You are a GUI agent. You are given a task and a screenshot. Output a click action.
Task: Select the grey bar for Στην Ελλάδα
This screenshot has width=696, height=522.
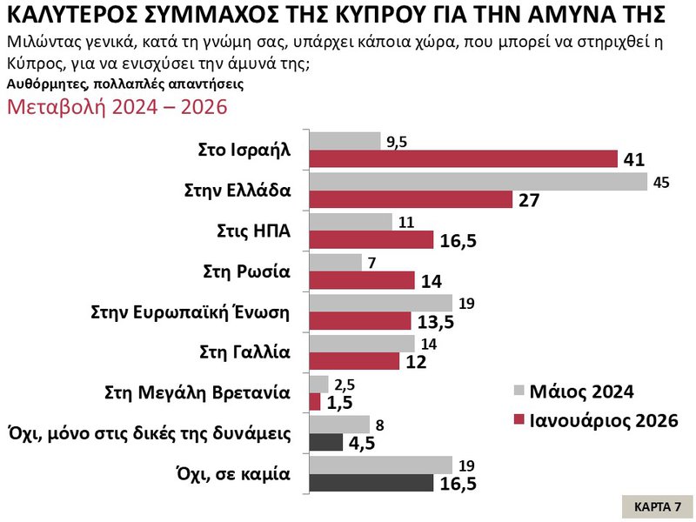point(478,181)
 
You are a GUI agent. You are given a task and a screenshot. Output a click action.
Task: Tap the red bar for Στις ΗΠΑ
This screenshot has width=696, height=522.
point(371,239)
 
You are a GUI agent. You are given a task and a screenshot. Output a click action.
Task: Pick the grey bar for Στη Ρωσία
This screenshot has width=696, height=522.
point(336,262)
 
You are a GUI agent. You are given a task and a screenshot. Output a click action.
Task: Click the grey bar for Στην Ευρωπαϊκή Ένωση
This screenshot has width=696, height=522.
point(381,302)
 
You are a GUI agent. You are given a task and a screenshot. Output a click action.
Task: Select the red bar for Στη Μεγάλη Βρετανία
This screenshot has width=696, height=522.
point(315,401)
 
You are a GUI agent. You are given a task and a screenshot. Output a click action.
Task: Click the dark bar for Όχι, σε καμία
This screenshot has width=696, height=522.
point(371,482)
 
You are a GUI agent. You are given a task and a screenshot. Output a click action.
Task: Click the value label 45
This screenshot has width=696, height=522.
point(662,183)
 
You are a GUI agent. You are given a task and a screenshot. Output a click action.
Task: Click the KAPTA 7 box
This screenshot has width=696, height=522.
point(658,506)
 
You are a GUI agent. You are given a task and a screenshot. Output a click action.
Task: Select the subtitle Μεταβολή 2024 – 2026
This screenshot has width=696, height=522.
point(117,107)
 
